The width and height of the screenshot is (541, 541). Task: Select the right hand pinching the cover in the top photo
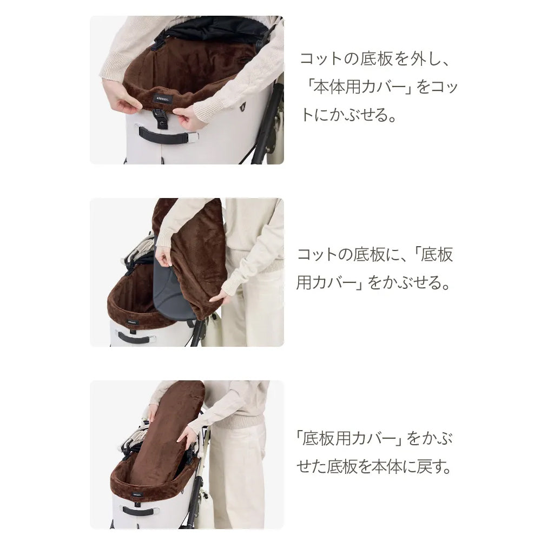pyautogui.click(x=186, y=116)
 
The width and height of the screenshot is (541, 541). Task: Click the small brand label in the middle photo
pyautogui.click(x=132, y=322)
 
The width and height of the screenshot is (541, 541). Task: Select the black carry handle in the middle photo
pyautogui.click(x=134, y=337)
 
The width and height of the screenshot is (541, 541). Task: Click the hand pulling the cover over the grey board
pyautogui.click(x=164, y=255)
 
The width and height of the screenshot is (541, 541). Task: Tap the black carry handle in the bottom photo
pyautogui.click(x=136, y=510)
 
